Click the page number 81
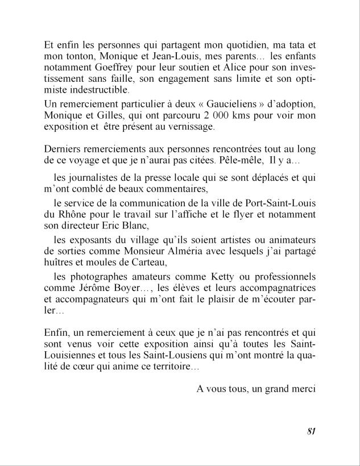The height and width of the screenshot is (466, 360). tap(311, 430)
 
